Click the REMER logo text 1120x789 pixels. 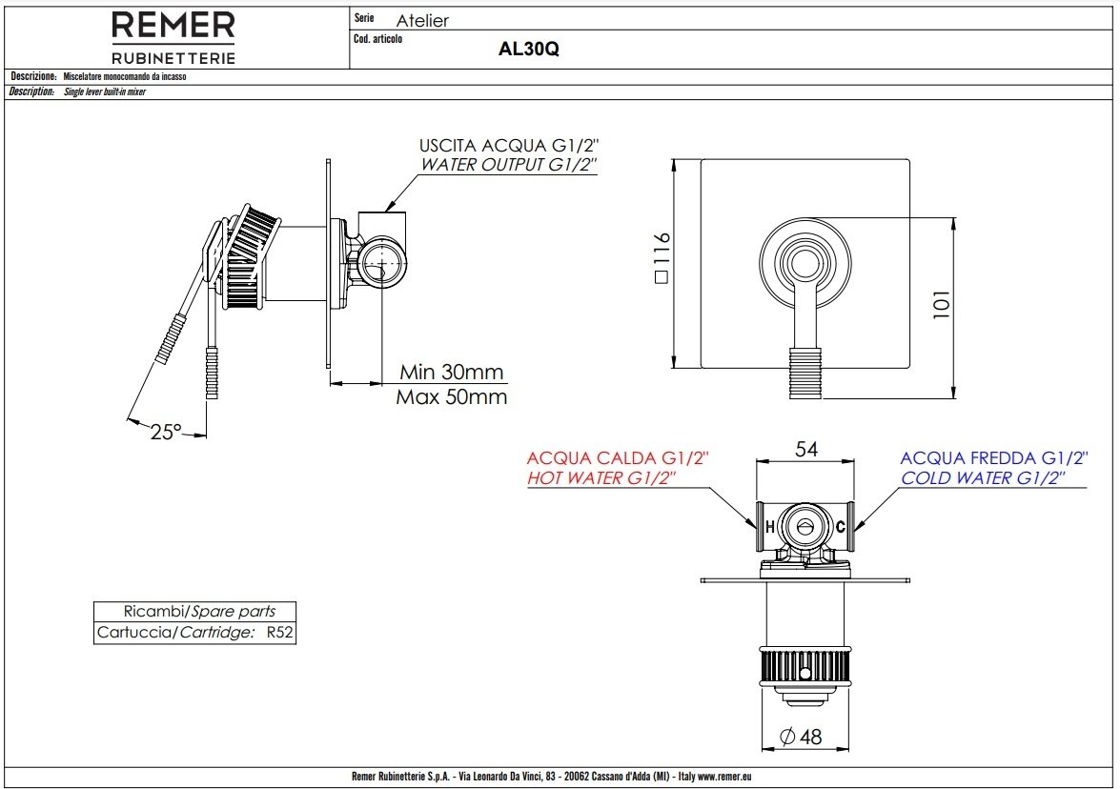(173, 26)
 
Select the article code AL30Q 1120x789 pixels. (529, 50)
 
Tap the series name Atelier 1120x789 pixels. (422, 21)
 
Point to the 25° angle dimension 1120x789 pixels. (167, 432)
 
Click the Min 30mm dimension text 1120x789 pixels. (452, 372)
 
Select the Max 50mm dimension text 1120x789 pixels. (452, 397)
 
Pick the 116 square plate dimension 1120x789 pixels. (662, 257)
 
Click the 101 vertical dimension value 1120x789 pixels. (942, 305)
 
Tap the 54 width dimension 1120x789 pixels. (805, 449)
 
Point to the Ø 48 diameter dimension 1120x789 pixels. (801, 737)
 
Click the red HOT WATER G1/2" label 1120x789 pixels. (601, 478)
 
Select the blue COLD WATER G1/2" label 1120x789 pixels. (983, 478)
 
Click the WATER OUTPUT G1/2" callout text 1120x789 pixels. (509, 165)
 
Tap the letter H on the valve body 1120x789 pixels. (770, 528)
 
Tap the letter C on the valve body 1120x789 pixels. (840, 528)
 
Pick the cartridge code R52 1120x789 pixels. (279, 633)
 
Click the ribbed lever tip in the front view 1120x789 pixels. (805, 374)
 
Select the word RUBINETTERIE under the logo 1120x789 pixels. (173, 58)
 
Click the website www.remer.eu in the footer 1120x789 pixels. (724, 777)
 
